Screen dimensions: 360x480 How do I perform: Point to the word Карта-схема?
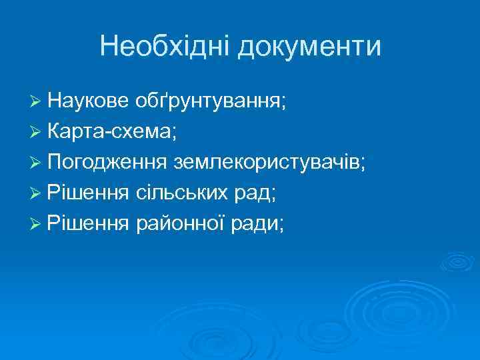[109, 132]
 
